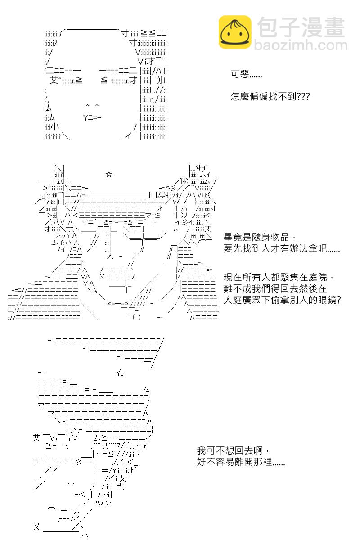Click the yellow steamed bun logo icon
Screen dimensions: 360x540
click(235, 32)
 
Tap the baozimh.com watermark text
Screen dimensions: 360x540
click(301, 45)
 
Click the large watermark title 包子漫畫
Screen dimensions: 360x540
click(301, 27)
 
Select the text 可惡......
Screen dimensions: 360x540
click(240, 74)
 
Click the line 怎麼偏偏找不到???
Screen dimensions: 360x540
click(270, 96)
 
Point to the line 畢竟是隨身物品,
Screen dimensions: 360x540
click(260, 237)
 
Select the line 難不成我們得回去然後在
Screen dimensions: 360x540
click(275, 288)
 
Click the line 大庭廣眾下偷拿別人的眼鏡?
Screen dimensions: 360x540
click(282, 300)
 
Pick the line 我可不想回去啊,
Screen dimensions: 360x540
click(233, 450)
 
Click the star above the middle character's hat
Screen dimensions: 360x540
click(109, 174)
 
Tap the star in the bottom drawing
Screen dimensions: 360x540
click(120, 373)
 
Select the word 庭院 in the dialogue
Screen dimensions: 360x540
click(318, 277)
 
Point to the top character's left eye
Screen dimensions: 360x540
click(66, 80)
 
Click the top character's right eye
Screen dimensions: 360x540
click(119, 80)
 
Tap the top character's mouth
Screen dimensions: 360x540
click(92, 118)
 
